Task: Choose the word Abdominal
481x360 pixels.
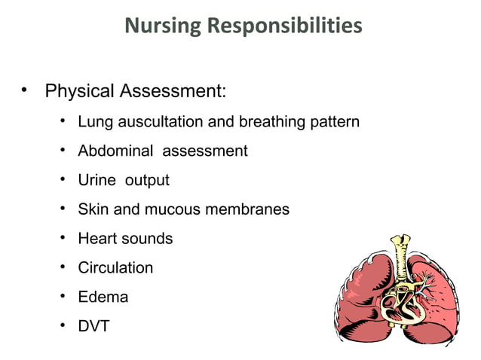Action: coord(115,151)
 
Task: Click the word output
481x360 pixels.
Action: coord(147,181)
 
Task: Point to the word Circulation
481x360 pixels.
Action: coord(115,268)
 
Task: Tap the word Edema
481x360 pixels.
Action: coord(103,297)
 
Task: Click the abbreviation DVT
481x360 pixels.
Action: coord(93,327)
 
